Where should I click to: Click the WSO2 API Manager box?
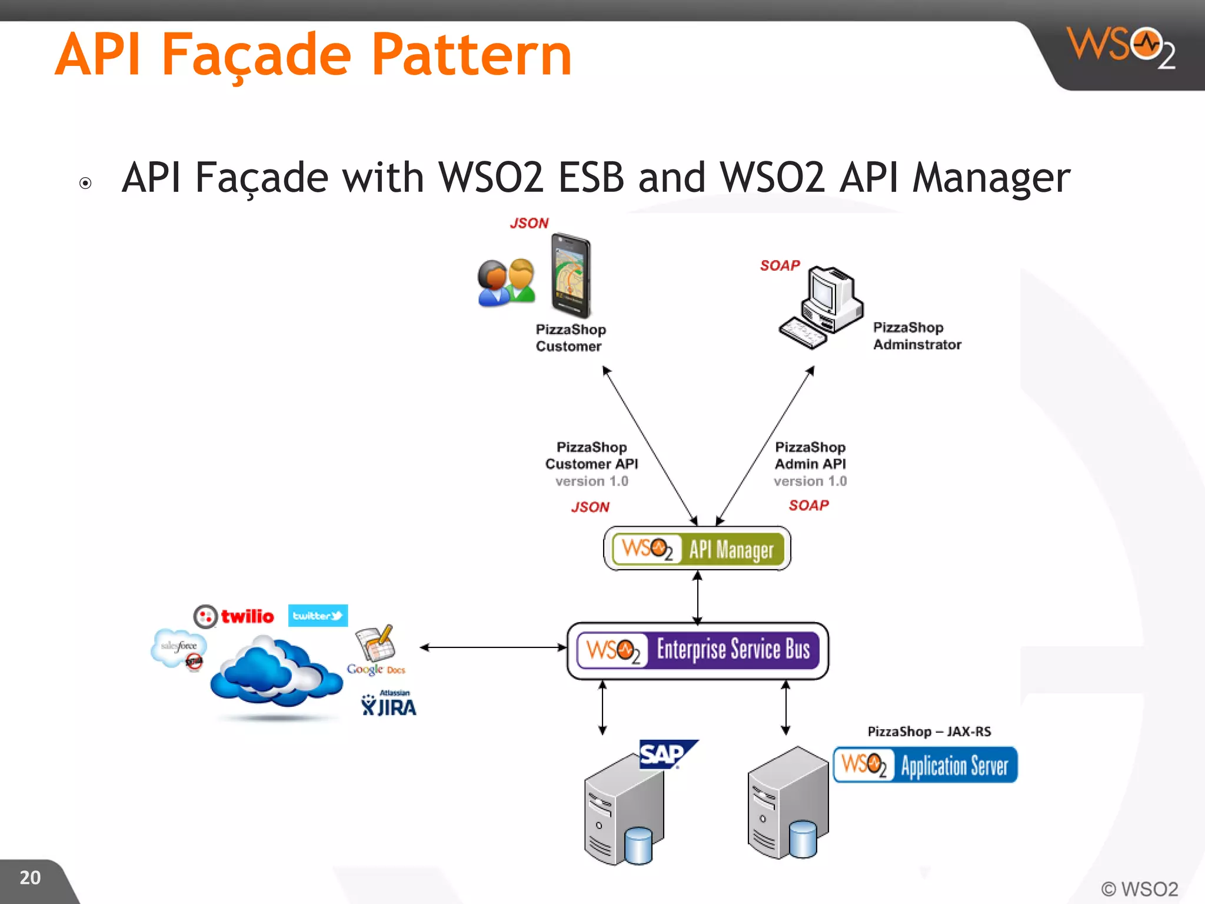(697, 549)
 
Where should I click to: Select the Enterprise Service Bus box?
(698, 650)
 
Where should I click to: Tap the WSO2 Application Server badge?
(925, 765)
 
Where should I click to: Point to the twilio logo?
(234, 616)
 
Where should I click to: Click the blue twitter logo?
(318, 616)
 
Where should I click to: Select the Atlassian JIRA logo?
(388, 704)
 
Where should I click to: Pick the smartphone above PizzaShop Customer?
(570, 275)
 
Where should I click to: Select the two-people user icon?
(506, 282)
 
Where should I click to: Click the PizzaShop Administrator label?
(916, 336)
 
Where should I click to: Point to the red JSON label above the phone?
(529, 223)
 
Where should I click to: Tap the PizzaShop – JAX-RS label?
(929, 732)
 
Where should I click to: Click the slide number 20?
(30, 878)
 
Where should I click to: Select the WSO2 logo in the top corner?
(1120, 47)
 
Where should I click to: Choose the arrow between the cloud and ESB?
(493, 647)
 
